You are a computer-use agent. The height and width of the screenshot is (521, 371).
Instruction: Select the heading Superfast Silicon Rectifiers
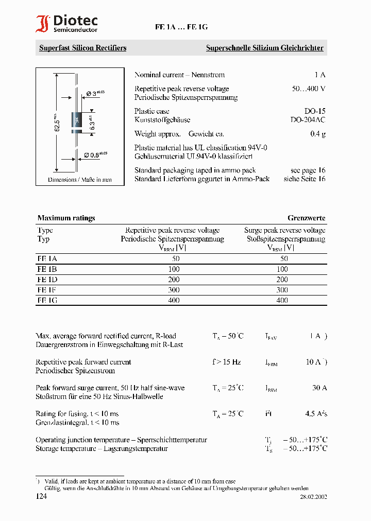coord(82,48)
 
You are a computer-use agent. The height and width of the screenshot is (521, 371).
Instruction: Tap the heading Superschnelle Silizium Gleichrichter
coord(264,48)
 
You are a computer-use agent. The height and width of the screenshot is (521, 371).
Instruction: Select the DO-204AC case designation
coord(308,120)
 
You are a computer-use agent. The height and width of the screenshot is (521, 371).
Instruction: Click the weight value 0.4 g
coord(317,134)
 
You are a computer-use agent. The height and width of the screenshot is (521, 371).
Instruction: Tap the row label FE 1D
coord(47,280)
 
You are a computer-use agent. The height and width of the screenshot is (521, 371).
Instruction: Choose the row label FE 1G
coord(47,300)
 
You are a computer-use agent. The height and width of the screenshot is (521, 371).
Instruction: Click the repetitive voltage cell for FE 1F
coord(174,290)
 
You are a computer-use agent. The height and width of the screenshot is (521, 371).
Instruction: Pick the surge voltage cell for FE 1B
coord(282,269)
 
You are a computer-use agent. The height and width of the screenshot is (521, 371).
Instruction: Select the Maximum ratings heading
coord(66,218)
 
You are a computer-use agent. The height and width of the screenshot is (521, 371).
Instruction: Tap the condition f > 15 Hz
coord(227,362)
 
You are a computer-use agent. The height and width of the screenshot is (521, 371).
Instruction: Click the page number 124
coord(41,496)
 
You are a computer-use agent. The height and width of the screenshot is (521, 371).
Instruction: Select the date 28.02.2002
coord(313,497)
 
